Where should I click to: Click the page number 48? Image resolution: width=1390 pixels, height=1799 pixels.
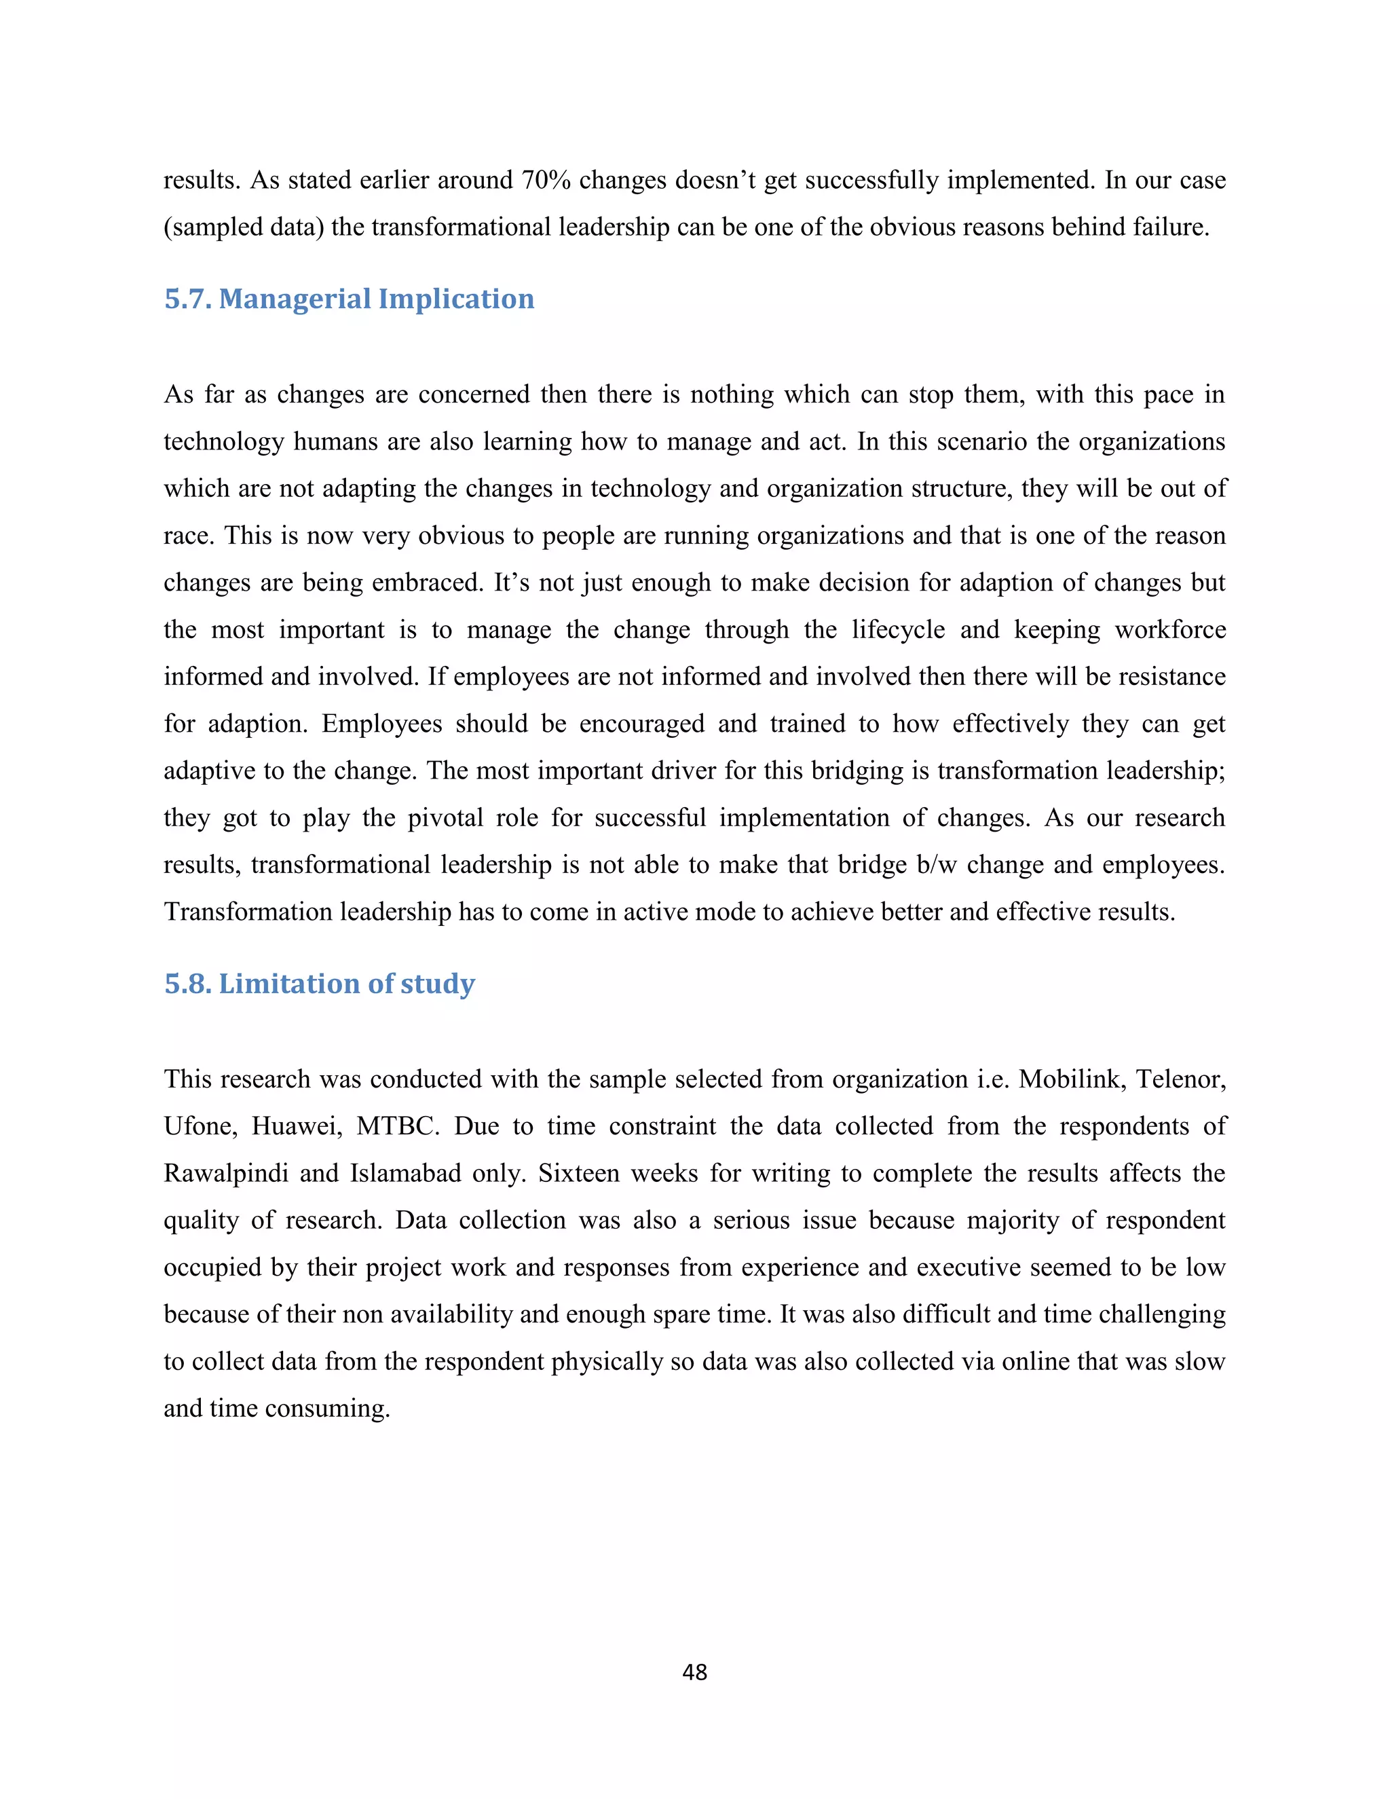click(694, 1671)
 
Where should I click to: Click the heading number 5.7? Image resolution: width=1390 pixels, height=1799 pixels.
click(188, 298)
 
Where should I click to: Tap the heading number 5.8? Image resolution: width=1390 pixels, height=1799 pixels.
click(188, 984)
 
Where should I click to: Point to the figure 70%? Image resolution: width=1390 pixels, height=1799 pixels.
click(545, 181)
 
